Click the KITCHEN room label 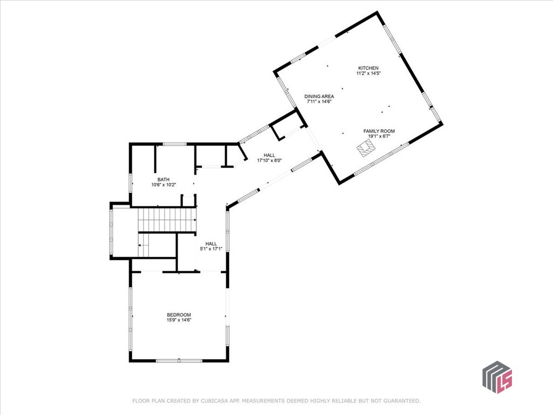point(368,68)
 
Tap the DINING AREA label point(319,96)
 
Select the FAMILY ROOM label point(379,131)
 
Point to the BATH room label point(163,179)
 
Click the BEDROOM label point(179,315)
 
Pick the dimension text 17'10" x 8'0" point(269,160)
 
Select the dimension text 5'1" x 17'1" point(211,249)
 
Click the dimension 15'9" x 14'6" point(179,320)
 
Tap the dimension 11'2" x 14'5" point(368,73)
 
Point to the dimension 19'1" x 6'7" point(379,136)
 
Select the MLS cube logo point(497,377)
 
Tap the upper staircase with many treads point(167,220)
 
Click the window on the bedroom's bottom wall point(179,360)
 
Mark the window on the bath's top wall point(174,144)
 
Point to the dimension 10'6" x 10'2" point(163,185)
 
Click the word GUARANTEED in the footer point(402,401)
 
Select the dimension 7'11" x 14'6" point(319,102)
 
